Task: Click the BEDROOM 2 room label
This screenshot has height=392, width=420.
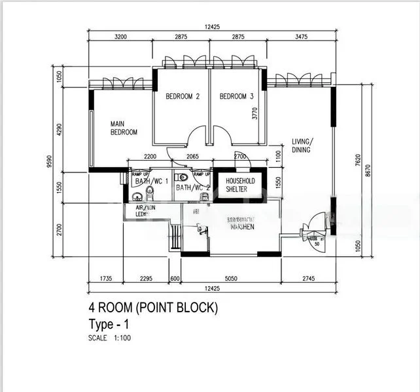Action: pos(182,97)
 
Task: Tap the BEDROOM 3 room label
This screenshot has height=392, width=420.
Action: pos(236,97)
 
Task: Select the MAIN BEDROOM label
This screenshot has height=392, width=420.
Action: pos(124,127)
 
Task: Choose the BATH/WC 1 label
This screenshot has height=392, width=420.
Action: pos(150,181)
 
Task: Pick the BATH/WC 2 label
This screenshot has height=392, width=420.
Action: pos(192,188)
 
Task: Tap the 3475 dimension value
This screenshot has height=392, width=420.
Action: pos(301,37)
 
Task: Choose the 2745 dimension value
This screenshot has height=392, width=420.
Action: pos(309,279)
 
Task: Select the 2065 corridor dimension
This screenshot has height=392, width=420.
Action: pos(192,157)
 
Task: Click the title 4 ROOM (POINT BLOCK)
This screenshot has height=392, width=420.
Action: pos(153,307)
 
